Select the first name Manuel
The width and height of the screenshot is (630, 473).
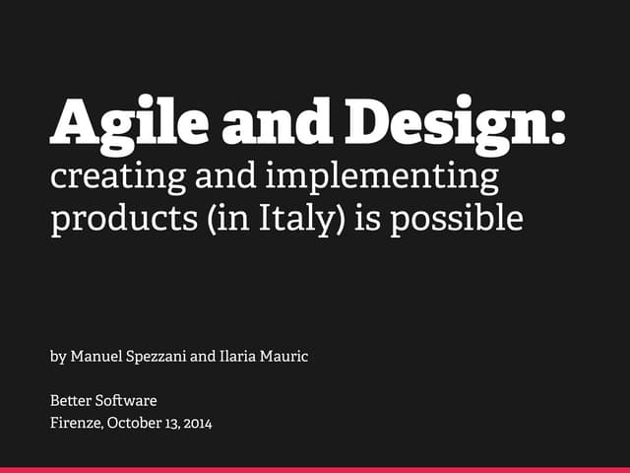96,356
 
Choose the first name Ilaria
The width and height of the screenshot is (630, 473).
237,356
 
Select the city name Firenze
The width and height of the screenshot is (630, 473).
76,424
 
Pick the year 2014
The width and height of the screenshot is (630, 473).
196,424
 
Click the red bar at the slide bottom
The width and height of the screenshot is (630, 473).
315,470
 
